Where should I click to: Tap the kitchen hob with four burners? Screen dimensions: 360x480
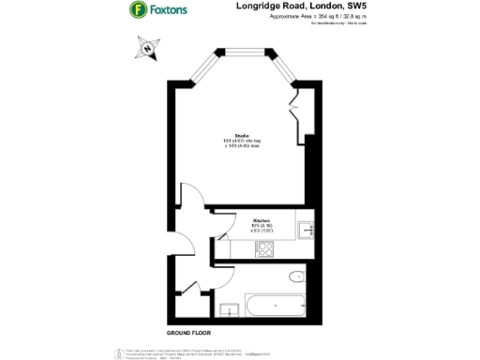(265, 249)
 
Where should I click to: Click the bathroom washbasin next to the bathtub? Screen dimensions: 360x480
(227, 307)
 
